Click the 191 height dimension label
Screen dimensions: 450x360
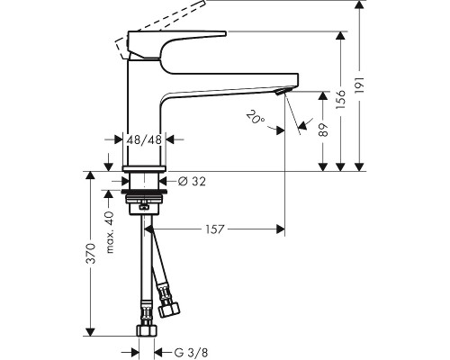[359, 85]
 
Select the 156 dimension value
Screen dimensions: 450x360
[340, 99]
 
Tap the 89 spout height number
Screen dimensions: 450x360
[323, 130]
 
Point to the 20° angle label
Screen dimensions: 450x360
[256, 117]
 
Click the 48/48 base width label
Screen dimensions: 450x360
[144, 139]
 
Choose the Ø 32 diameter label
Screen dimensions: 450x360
[192, 181]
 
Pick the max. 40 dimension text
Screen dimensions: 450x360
[110, 232]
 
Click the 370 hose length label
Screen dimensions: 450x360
[91, 254]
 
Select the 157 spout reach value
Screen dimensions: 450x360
[215, 229]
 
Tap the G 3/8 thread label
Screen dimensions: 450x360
[191, 352]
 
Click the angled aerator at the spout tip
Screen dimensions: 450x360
[281, 92]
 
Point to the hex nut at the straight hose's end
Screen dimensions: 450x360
[147, 330]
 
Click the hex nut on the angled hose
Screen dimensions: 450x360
[168, 310]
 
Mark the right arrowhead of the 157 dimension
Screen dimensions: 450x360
[280, 229]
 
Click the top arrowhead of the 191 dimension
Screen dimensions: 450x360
[359, 4]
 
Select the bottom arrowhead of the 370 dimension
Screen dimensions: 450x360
[90, 331]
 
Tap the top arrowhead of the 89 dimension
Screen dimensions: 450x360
[323, 96]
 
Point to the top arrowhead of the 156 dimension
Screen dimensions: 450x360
[340, 35]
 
